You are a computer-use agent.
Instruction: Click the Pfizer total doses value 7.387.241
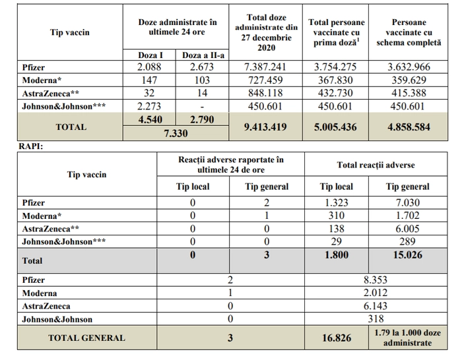pos(265,67)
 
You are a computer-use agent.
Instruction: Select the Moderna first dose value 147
pos(149,80)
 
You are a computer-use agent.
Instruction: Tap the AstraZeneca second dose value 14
pos(202,93)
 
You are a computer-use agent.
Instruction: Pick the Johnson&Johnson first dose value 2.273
pos(149,106)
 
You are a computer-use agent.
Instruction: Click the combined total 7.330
pos(176,133)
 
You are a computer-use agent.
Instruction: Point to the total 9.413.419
pos(265,127)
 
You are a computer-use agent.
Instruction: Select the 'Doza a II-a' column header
pos(203,55)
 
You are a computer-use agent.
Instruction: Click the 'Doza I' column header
pos(150,55)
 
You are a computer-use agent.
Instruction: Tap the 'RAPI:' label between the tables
pos(30,146)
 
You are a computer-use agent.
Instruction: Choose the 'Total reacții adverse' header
pos(376,165)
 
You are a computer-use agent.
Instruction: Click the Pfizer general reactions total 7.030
pos(407,202)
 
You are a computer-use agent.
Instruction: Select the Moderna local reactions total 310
pos(336,216)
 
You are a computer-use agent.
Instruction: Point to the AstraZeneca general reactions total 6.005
pos(407,229)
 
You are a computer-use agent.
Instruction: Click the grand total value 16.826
pos(337,338)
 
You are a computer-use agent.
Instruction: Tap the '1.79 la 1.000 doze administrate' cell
pos(407,338)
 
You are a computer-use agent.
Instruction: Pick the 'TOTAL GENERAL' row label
pos(86,338)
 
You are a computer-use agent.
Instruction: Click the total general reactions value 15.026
pos(407,255)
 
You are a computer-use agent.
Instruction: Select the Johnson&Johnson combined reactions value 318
pos(376,318)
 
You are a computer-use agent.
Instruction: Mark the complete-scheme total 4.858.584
pos(409,127)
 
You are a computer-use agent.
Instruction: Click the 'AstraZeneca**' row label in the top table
pos(50,94)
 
